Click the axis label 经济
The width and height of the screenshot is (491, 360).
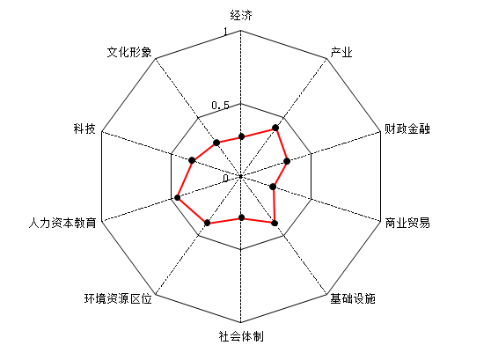pos(241,15)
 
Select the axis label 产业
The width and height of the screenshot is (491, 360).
pos(341,52)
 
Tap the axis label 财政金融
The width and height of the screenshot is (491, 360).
pos(407,129)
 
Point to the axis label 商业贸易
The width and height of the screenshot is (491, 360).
pos(407,223)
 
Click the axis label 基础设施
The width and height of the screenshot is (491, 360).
pos(353,298)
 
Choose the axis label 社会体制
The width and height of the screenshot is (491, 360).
pos(241,336)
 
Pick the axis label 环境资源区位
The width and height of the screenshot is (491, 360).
pos(118,298)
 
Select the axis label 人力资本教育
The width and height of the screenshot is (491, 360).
pos(62,223)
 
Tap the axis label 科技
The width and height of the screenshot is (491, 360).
pos(84,129)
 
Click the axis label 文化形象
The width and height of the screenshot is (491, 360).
pos(129,52)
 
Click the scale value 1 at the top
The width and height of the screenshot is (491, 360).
pos(225,32)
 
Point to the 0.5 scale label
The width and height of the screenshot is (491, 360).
pos(221,106)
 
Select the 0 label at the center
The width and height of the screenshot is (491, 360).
pos(226,179)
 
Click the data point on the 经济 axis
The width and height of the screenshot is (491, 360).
pos(241,136)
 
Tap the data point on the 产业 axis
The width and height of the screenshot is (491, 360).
pos(275,128)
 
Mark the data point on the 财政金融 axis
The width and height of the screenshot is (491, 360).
pos(287,161)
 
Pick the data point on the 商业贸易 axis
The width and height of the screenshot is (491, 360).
pos(273,187)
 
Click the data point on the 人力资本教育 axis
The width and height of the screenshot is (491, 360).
pos(177,198)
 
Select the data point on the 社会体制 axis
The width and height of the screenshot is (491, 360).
pos(241,217)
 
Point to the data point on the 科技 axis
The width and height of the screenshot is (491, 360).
pos(192,160)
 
